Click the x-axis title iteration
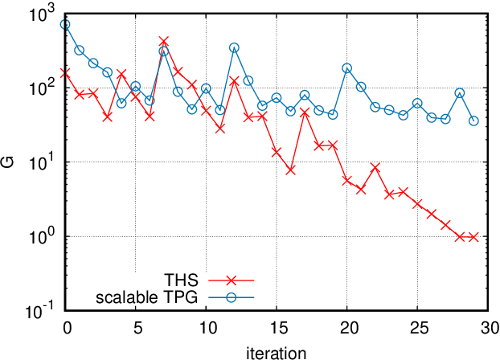point(277,351)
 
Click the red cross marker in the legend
point(231,280)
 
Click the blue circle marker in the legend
point(231,297)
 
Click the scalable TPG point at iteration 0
point(65,25)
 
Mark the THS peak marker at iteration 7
point(164,41)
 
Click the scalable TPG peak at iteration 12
point(234,48)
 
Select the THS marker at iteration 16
point(290,170)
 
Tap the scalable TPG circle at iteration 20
point(347,68)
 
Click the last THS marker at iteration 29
point(473,237)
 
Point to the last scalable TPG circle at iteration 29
point(473,121)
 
